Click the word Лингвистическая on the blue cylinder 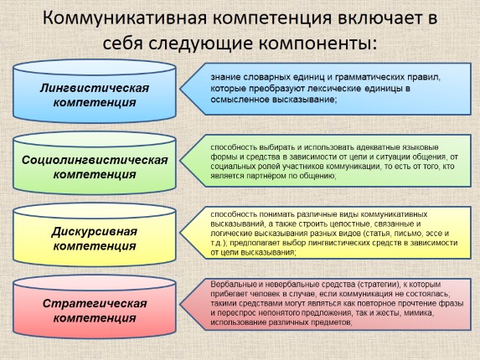[95, 89]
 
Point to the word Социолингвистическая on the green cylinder [95, 160]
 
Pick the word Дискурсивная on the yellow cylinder [95, 232]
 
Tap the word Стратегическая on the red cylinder [95, 303]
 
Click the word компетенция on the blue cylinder [95, 102]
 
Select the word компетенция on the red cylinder [95, 318]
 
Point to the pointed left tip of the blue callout [180, 89]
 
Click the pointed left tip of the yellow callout [180, 233]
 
